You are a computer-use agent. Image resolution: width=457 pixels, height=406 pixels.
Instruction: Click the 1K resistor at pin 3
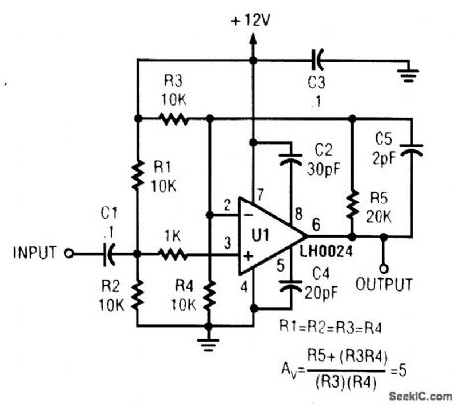176,253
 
